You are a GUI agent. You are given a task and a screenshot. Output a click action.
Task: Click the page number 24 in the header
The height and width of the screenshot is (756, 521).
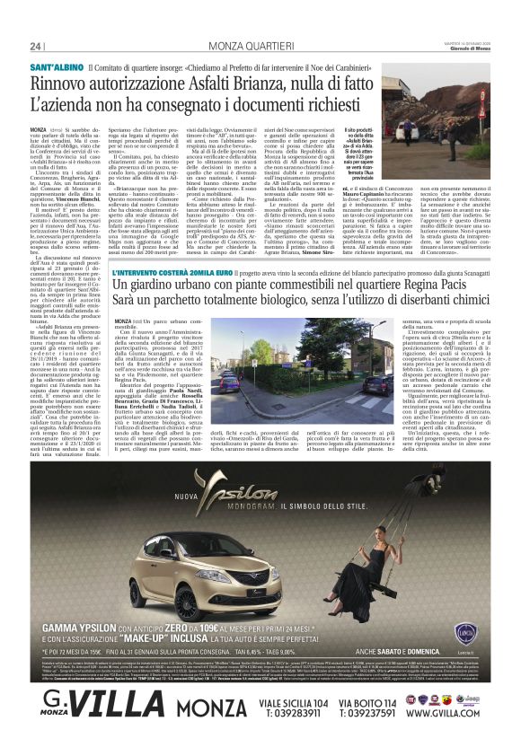pos(35,46)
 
